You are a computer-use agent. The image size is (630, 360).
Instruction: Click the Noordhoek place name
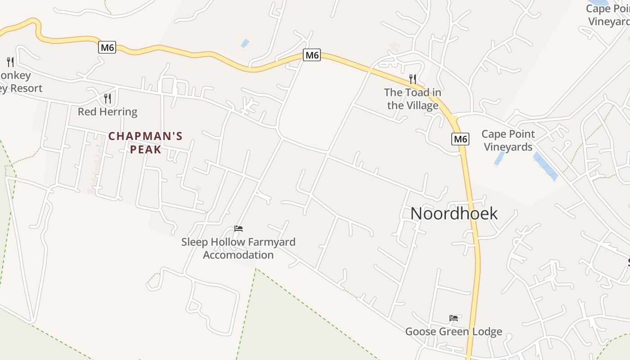(454, 213)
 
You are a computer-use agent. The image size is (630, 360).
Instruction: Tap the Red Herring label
(108, 112)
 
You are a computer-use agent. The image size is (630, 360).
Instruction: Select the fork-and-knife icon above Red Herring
(108, 98)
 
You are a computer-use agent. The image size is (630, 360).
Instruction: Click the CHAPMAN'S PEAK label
(145, 142)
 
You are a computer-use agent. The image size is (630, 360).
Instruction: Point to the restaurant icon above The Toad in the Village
(413, 79)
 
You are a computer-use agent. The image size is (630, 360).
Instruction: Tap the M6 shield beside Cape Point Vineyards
(460, 139)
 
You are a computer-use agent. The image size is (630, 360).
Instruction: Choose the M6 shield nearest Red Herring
(107, 47)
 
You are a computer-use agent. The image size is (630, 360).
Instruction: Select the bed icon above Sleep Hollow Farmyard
(238, 229)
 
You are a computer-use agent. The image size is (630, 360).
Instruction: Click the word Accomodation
(238, 255)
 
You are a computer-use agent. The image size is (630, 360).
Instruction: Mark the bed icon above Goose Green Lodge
(454, 318)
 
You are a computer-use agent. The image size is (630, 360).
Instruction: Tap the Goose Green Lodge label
(454, 332)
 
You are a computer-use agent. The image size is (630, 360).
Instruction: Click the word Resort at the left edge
(25, 88)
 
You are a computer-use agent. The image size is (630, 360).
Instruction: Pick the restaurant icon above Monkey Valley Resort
(10, 62)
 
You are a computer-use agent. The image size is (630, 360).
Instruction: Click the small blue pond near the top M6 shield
(245, 43)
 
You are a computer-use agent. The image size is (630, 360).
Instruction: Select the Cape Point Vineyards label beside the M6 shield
(508, 140)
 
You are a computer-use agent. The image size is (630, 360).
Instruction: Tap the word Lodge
(486, 332)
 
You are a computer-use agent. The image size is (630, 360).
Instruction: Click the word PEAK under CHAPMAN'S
(145, 149)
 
